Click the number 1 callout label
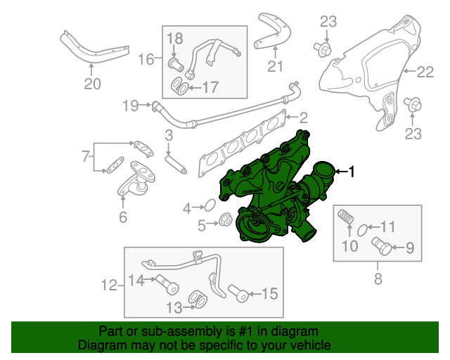pos(353,171)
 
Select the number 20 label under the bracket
pos(92,84)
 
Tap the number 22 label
pos(426,71)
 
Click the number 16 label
pos(146,60)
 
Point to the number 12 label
pos(109,285)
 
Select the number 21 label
pos(275,67)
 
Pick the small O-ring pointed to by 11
pos(364,229)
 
